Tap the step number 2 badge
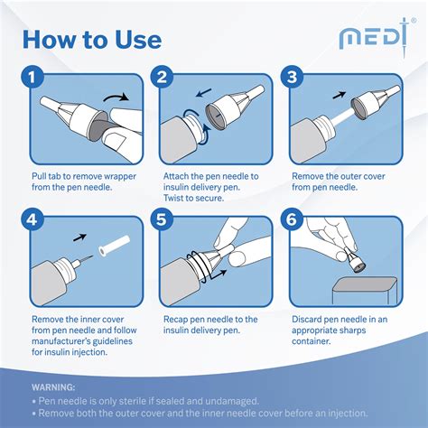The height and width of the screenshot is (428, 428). coord(163,79)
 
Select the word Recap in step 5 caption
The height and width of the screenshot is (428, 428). coord(180,320)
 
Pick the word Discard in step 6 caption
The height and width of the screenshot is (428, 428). coord(309,320)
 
